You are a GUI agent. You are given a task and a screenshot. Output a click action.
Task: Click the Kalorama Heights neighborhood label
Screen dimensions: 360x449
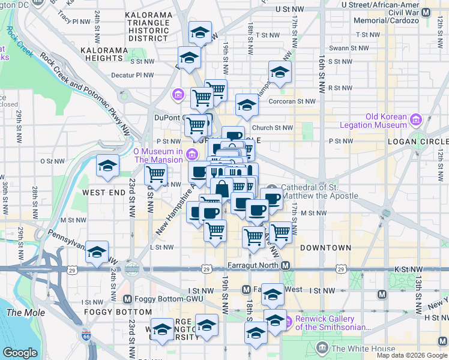point(104,54)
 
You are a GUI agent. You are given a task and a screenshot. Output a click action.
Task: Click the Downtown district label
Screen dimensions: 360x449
point(325,248)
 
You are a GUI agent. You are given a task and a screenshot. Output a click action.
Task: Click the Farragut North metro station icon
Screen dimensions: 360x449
point(286,266)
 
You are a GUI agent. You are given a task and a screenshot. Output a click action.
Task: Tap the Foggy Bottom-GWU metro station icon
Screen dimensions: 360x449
point(127,299)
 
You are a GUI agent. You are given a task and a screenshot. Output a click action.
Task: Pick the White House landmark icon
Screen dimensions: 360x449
point(322,348)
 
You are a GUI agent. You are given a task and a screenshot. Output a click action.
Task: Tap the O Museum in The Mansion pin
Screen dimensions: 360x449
point(191,154)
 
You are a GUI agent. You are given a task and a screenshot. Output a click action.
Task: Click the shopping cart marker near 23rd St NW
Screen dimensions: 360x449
point(156,175)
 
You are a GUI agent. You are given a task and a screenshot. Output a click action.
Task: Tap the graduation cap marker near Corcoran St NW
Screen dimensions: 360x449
point(246,106)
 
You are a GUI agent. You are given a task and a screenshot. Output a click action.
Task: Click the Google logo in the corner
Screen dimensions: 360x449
point(20,353)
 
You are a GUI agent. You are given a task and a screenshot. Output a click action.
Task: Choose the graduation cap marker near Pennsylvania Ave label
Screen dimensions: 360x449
point(96,252)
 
